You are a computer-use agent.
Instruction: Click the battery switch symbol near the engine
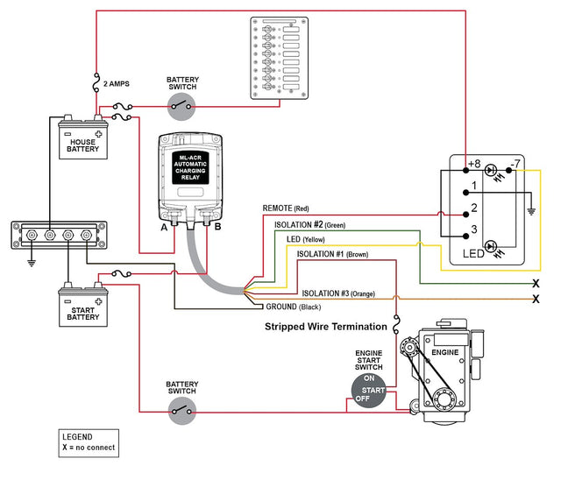(183, 409)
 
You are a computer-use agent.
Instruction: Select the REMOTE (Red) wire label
(286, 208)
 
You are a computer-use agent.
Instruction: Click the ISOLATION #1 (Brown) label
(332, 254)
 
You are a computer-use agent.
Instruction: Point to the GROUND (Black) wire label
(295, 307)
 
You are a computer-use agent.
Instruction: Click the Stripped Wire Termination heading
(326, 327)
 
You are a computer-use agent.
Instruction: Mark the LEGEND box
(88, 442)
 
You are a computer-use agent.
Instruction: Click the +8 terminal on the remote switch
(474, 165)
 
